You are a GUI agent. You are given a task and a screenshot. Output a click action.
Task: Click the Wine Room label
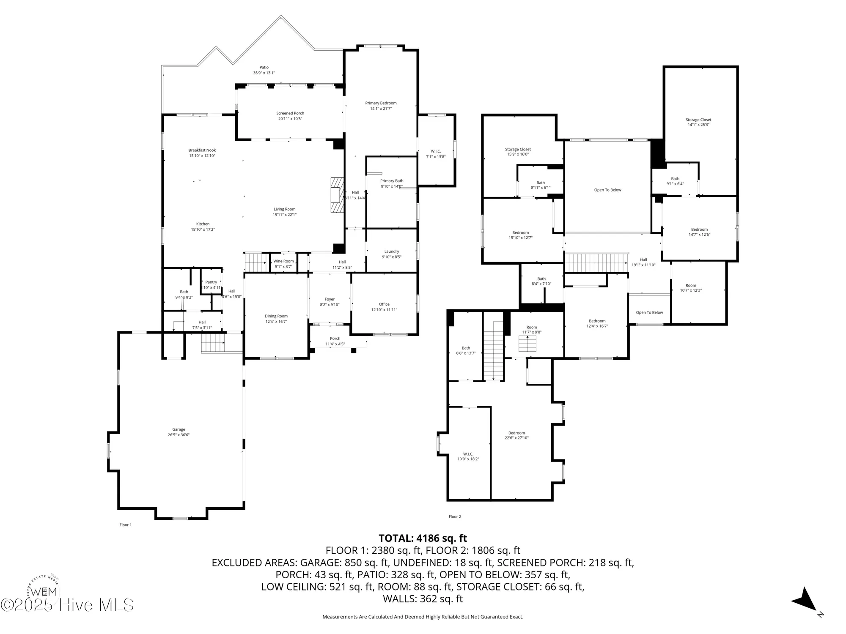[x=283, y=261]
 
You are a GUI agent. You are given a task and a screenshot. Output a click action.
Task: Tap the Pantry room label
[x=211, y=282]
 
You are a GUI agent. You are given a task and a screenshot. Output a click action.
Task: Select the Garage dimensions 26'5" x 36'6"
[x=179, y=435]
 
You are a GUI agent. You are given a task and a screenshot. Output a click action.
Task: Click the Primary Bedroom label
[x=381, y=103]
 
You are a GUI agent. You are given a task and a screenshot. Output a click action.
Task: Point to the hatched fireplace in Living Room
[x=337, y=195]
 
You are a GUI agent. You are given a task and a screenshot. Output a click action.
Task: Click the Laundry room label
[x=392, y=251]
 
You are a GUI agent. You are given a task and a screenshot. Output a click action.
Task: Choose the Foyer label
[x=330, y=299]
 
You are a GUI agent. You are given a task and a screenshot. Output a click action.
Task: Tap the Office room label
[x=384, y=304]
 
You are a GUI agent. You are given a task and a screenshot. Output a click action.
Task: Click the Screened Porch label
[x=290, y=113]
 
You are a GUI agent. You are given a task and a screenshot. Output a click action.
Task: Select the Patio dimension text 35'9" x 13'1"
[x=264, y=73]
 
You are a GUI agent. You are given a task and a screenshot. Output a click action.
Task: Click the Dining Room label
[x=276, y=316]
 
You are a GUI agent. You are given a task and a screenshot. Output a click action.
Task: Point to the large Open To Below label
[x=607, y=190]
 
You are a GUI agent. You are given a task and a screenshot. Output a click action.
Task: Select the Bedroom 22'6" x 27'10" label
[x=516, y=433]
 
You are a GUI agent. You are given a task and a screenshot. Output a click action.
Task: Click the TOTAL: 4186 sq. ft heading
[x=423, y=538]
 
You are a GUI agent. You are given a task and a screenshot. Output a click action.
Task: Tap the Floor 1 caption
[x=126, y=525]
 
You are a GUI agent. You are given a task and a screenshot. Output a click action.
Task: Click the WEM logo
[x=44, y=591]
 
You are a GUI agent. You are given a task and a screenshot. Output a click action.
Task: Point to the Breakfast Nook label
[x=202, y=150]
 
